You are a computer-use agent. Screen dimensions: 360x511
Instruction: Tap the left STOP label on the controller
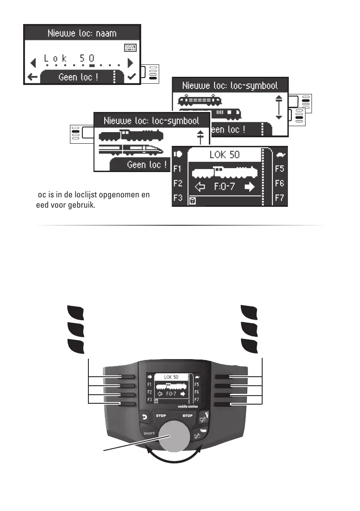[x=161, y=416]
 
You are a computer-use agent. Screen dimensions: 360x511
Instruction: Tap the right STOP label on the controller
[x=188, y=416]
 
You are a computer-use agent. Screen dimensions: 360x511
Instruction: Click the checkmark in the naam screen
[x=132, y=77]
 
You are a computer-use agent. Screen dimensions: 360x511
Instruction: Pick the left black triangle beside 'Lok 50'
[x=33, y=64]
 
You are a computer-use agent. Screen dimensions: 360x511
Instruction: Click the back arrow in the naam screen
[x=31, y=77]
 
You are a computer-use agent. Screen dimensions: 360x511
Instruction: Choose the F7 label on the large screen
[x=280, y=198]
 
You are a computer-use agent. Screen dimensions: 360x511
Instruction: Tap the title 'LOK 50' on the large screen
[x=224, y=155]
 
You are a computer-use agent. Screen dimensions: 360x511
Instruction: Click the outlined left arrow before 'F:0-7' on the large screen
[x=200, y=187]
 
